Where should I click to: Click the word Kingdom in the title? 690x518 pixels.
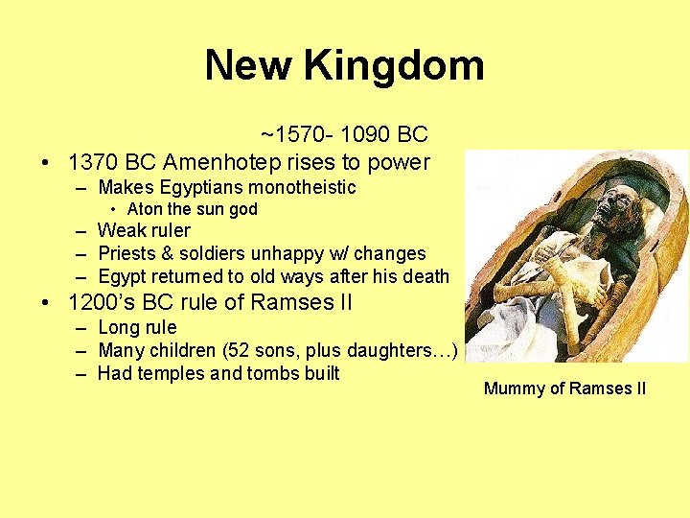pos(394,66)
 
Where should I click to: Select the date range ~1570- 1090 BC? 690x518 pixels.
pos(343,134)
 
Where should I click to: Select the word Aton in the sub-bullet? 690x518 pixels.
pos(144,209)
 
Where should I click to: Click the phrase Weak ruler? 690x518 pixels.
pos(144,231)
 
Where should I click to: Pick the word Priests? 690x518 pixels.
pos(127,254)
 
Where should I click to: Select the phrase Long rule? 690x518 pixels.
pos(137,328)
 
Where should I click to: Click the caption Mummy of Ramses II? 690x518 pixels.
pos(564,388)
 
